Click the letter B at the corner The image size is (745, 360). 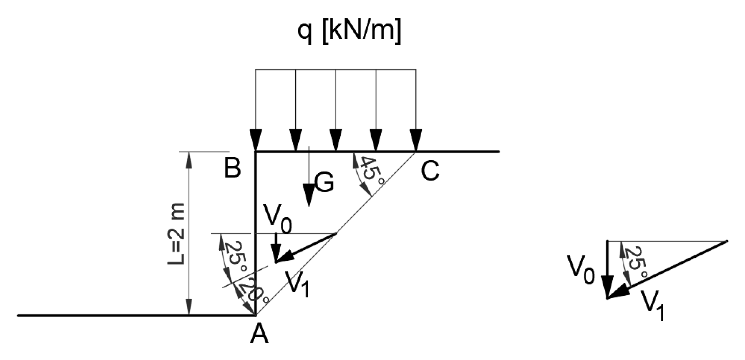[x=233, y=168]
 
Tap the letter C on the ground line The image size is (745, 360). [x=430, y=171]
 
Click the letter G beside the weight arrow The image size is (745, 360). [x=324, y=183]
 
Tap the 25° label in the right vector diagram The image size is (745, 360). [x=636, y=262]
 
